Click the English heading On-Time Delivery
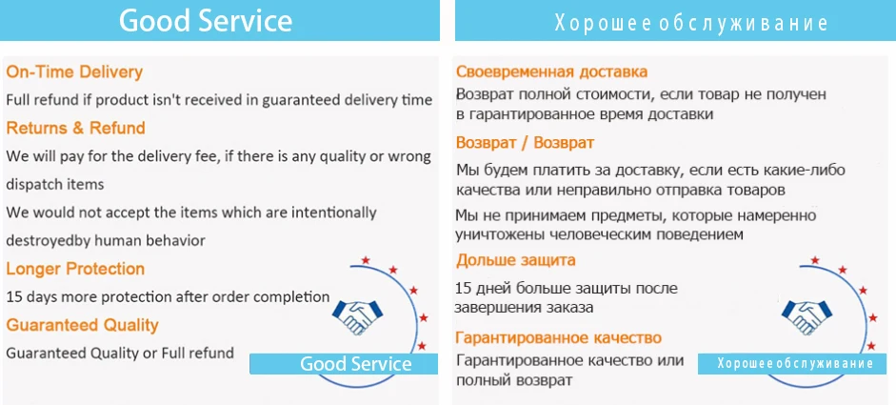click(74, 72)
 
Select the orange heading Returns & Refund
click(75, 128)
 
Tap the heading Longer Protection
click(75, 269)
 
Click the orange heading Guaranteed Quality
click(82, 325)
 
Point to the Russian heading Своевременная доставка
click(551, 72)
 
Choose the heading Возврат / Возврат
click(526, 142)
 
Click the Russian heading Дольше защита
click(515, 261)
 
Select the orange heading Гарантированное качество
click(559, 337)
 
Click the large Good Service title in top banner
click(206, 21)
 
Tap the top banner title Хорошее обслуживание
click(691, 24)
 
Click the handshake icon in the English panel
click(357, 317)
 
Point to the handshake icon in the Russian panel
click(806, 317)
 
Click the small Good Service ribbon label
click(355, 364)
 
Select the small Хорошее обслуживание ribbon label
click(795, 364)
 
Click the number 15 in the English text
click(13, 297)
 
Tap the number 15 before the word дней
click(464, 288)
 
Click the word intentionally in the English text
click(333, 213)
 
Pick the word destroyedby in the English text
click(49, 241)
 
